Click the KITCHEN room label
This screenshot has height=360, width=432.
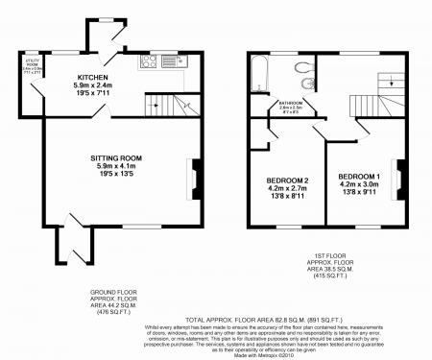pyautogui.click(x=93, y=77)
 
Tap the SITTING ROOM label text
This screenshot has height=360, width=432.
pyautogui.click(x=118, y=156)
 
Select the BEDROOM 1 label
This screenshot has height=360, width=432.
pyautogui.click(x=358, y=178)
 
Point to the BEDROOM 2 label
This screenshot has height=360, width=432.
pyautogui.click(x=286, y=180)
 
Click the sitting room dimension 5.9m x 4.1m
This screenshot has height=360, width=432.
pyautogui.click(x=118, y=165)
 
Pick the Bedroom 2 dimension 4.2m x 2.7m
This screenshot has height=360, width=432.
pyautogui.click(x=286, y=188)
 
